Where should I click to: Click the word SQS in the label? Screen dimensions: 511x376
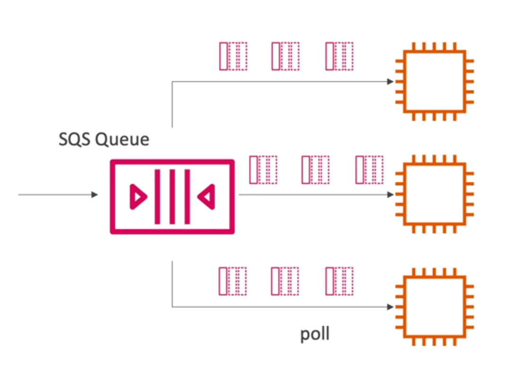[75, 139]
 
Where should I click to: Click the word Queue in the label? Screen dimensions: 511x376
[122, 139]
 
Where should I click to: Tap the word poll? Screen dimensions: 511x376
[315, 334]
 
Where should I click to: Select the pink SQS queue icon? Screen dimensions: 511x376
[172, 197]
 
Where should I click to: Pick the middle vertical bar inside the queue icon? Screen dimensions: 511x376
[172, 197]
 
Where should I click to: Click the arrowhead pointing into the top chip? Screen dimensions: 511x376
[390, 82]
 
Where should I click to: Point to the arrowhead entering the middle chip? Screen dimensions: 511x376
[390, 195]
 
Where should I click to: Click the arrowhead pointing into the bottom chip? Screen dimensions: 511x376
[390, 307]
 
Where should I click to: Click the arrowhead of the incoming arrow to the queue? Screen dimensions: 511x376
[95, 195]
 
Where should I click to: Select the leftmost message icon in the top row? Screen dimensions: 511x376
[233, 56]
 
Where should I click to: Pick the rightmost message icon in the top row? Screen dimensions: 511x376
[339, 56]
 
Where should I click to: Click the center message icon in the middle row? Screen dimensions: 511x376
[316, 170]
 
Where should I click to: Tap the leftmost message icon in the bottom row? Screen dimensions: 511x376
[233, 281]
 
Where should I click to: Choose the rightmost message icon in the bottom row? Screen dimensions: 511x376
[339, 281]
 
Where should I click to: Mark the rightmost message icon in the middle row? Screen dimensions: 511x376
[369, 170]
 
